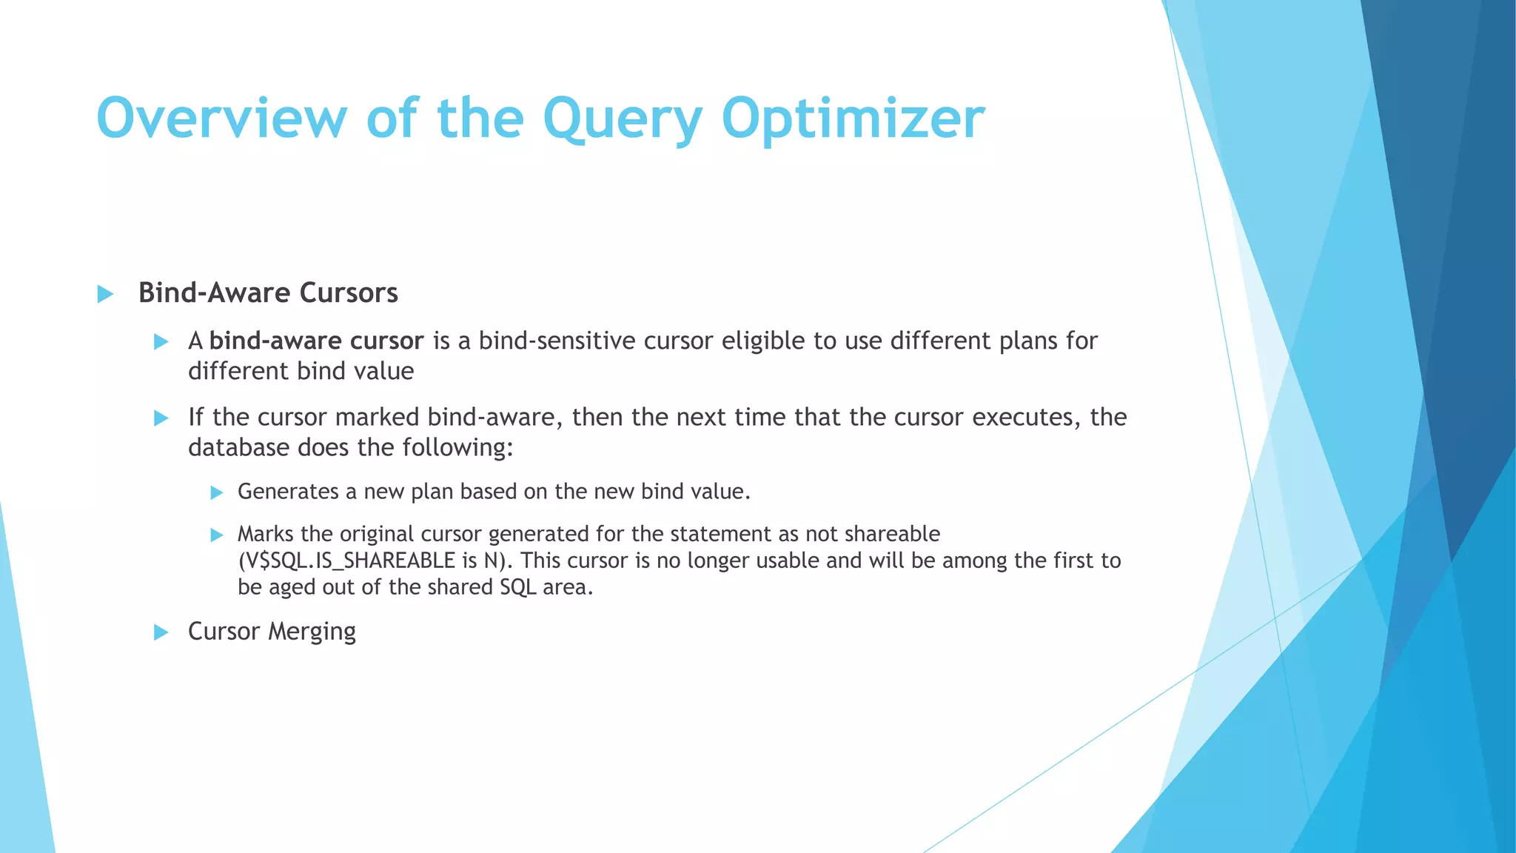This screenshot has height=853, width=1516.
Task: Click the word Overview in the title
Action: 221,118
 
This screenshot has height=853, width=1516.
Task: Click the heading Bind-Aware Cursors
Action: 268,293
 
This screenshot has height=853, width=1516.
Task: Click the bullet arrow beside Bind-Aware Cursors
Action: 105,295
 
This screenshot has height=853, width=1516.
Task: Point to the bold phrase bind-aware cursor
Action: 316,341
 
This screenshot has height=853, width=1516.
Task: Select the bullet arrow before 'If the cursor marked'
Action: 161,418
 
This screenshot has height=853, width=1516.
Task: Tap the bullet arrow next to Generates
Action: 216,493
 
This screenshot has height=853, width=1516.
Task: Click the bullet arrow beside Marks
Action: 216,535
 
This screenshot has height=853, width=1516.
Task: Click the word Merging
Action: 312,632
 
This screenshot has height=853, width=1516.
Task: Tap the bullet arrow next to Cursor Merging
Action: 161,632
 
